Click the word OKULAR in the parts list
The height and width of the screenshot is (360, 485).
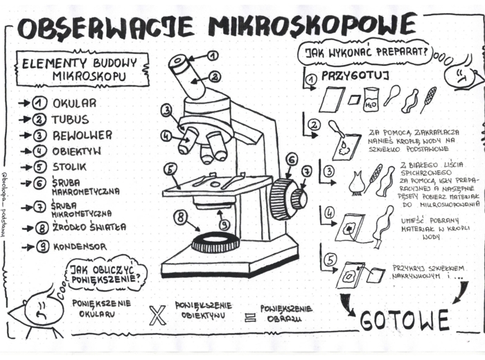75,103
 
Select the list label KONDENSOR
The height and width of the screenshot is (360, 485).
80,246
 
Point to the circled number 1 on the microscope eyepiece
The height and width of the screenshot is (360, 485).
212,55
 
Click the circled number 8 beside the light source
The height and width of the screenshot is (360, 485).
182,217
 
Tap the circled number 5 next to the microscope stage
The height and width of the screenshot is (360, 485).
170,169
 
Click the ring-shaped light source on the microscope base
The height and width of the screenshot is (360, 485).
215,242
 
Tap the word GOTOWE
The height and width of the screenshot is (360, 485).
405,320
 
